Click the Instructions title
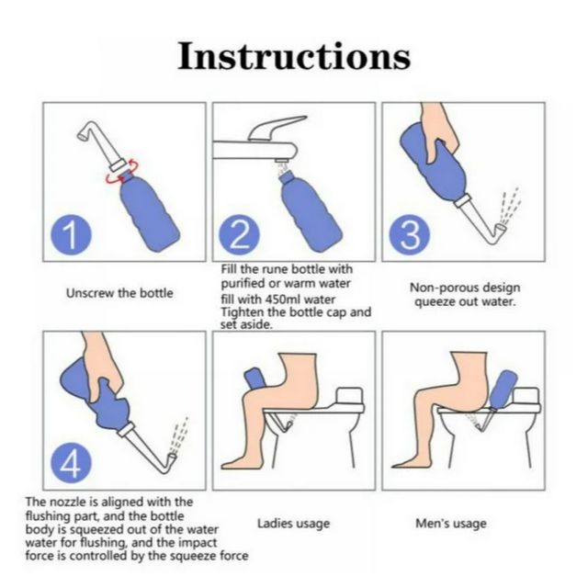click(x=294, y=56)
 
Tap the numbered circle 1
click(x=72, y=235)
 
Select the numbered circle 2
click(x=239, y=235)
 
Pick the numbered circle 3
click(x=410, y=235)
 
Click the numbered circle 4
click(x=72, y=465)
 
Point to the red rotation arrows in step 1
click(x=122, y=171)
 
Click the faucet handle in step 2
click(x=277, y=128)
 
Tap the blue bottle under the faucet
click(x=311, y=211)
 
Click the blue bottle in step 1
click(x=149, y=210)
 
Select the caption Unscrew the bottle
click(x=119, y=293)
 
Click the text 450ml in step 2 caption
click(x=282, y=300)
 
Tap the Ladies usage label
click(x=294, y=523)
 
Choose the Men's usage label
click(x=451, y=523)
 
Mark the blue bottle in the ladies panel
click(x=255, y=378)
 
